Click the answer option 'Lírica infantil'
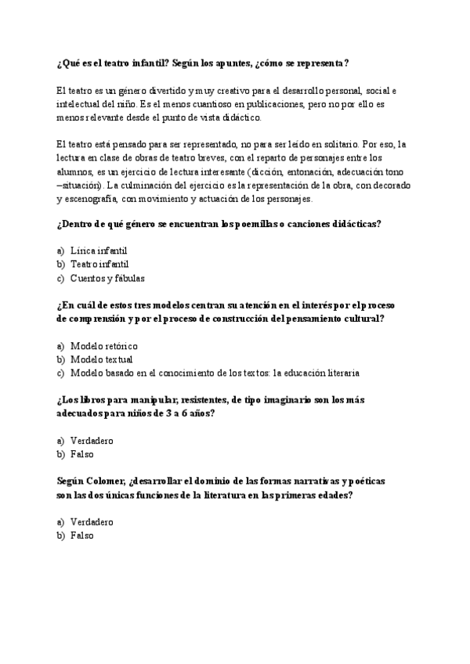pyautogui.click(x=98, y=251)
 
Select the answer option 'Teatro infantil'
pyautogui.click(x=99, y=265)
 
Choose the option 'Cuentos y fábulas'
pyautogui.click(x=107, y=278)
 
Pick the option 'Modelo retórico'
pyautogui.click(x=103, y=345)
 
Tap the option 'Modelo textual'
pyautogui.click(x=101, y=359)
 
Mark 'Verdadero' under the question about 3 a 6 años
pyautogui.click(x=92, y=440)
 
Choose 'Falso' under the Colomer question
pyautogui.click(x=81, y=536)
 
